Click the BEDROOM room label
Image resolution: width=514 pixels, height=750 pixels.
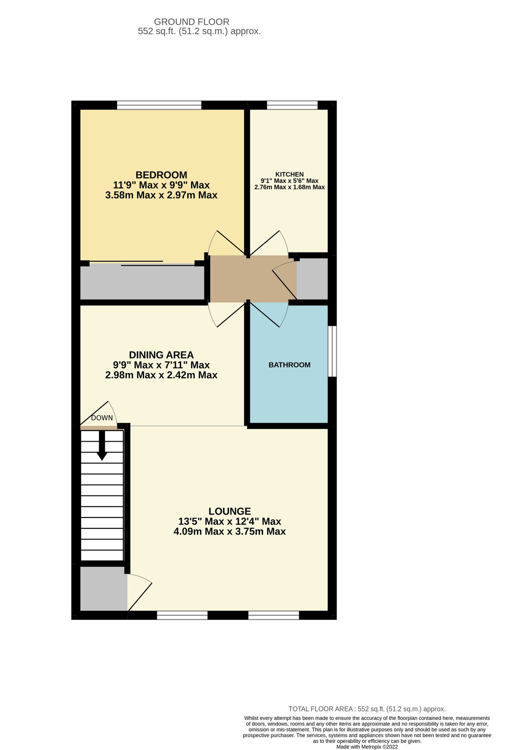(x=161, y=175)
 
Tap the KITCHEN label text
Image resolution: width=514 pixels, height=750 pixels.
(x=289, y=174)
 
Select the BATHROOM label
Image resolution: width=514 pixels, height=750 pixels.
(x=289, y=365)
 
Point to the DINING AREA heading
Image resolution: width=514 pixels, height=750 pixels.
(x=161, y=355)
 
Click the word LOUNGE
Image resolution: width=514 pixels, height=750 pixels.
(x=229, y=511)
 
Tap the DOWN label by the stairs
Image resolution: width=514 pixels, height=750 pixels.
(x=102, y=418)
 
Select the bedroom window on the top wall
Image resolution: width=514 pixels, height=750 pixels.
(x=159, y=105)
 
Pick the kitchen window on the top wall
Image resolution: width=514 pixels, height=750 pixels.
(x=292, y=105)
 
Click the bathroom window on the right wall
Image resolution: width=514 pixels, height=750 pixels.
(x=332, y=351)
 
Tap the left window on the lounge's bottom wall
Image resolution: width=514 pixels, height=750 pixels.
(x=182, y=615)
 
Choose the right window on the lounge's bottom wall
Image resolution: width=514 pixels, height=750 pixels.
(x=273, y=615)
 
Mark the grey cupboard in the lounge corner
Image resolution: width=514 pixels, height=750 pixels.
(x=103, y=588)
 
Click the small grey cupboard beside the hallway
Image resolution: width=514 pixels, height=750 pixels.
(x=312, y=278)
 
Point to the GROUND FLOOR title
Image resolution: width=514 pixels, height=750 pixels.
(x=191, y=22)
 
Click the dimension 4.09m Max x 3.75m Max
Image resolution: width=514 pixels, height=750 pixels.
(x=229, y=532)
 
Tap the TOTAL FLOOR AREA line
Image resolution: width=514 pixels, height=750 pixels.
(x=367, y=709)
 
